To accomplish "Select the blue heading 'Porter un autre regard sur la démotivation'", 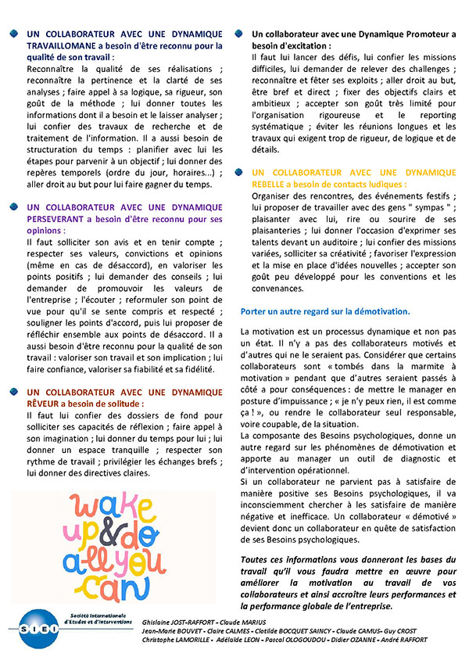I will point(325,311).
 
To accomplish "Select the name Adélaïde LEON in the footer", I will point(238,640).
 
